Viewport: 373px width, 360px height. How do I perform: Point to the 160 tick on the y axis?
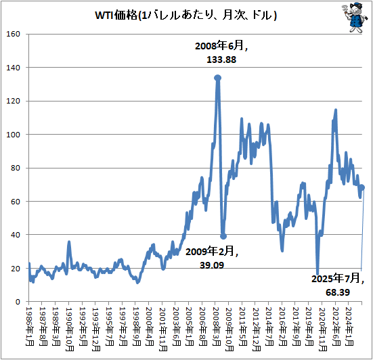point(16,35)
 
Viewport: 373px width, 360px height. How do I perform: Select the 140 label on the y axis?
point(16,68)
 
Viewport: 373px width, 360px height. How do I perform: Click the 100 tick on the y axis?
point(16,135)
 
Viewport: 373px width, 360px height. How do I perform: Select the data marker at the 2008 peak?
point(217,78)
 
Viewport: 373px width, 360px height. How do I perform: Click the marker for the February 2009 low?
point(223,236)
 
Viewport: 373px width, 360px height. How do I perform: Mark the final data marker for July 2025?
point(362,187)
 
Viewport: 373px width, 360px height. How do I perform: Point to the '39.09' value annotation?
point(213,265)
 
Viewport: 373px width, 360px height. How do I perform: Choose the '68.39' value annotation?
point(336,292)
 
